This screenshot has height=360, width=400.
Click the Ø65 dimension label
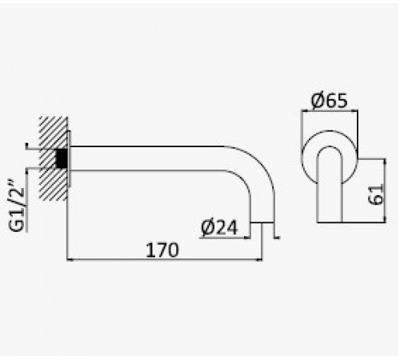[x=330, y=100]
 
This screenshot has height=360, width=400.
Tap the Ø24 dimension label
[x=219, y=227]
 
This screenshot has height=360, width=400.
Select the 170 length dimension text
[x=162, y=250]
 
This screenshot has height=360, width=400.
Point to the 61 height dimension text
[x=375, y=194]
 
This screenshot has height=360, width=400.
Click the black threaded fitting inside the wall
[x=62, y=158]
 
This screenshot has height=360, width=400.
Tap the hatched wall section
[x=54, y=158]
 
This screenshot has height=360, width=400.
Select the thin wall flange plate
[x=69, y=158]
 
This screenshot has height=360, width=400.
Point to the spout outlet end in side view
[x=262, y=222]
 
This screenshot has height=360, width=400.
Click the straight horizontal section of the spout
[x=147, y=158]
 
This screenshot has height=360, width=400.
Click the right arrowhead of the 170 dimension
[x=259, y=259]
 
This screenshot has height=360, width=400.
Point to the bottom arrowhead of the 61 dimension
[x=385, y=219]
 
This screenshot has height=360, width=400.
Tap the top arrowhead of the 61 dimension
[x=385, y=162]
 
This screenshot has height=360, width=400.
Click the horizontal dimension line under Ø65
[x=330, y=110]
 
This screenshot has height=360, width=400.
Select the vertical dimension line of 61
[x=385, y=190]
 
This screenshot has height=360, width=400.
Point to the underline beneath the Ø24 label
[x=225, y=238]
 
